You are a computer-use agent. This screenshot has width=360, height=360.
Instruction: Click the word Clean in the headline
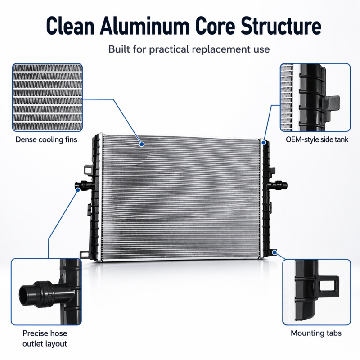point(70,26)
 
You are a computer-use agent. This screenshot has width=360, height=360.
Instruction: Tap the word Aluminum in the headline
point(144,26)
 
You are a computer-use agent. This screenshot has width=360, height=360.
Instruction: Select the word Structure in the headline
point(281,26)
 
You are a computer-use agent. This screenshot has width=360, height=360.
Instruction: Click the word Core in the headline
point(215,26)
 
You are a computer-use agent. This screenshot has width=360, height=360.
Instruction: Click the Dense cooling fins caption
point(46,139)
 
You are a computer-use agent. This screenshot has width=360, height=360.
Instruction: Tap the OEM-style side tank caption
point(317,139)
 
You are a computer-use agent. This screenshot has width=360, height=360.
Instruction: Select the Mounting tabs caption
point(316,333)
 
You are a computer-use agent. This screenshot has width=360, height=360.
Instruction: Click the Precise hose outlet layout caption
point(45,338)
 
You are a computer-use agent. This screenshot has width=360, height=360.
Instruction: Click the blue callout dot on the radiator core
point(142,144)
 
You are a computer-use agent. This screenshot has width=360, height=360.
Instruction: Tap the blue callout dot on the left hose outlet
point(78,190)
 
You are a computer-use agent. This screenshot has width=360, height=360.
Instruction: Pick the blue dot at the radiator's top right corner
point(264,143)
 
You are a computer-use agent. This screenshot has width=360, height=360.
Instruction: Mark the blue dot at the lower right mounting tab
point(274,252)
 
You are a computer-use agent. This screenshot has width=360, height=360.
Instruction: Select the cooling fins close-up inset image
point(47,97)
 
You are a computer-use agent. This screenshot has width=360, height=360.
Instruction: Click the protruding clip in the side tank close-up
point(331,103)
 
